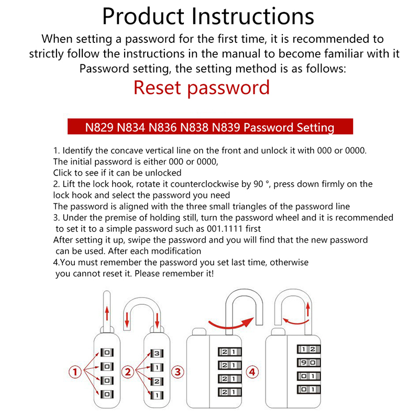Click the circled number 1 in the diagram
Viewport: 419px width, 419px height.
click(75, 372)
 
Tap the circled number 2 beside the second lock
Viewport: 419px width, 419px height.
click(128, 372)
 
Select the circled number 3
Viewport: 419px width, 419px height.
click(178, 372)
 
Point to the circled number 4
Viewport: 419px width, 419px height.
click(252, 372)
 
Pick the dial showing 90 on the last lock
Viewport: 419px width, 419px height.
click(305, 362)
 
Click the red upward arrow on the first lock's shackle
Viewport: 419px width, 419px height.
click(107, 313)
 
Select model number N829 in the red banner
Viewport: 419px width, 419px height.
click(100, 127)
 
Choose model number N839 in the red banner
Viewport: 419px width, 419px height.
click(223, 127)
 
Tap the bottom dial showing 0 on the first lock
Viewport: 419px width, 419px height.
click(107, 393)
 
